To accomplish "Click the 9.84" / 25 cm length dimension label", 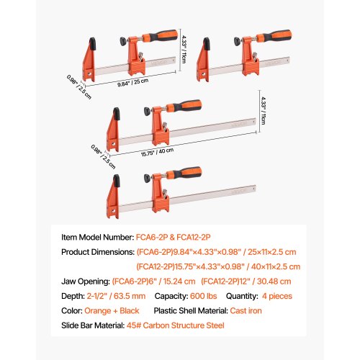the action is [132, 83].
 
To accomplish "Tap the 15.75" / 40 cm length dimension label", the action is [157, 152].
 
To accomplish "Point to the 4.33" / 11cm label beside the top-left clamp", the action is [184, 49].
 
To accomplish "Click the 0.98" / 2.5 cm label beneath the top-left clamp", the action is [79, 87].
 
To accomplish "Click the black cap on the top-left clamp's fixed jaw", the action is [92, 44].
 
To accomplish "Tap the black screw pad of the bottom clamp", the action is [147, 178].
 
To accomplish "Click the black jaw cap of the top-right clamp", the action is [207, 44].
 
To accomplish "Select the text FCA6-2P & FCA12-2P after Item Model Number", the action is [173, 238].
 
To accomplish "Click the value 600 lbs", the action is [203, 296].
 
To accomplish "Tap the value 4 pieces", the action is [277, 296].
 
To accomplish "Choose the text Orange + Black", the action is [112, 311].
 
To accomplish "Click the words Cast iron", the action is [246, 311].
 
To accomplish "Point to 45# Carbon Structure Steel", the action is [176, 325].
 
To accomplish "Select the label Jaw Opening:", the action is [86, 282].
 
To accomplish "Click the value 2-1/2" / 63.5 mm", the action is [116, 296].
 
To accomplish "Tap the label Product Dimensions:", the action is [98, 252].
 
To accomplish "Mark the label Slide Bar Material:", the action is [93, 325].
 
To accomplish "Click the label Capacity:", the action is [171, 296].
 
